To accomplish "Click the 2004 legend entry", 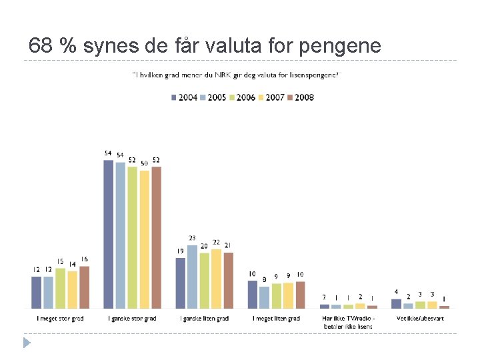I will pos(185,97).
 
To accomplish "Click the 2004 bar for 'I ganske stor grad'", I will pos(109,234).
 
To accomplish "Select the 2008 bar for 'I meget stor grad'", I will pos(84,287).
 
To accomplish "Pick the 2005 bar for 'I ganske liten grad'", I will pos(192,277).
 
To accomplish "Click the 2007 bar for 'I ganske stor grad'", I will pos(145,239).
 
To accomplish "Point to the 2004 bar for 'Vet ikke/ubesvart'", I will pos(396,303).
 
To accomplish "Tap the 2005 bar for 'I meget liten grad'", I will pos(265,297).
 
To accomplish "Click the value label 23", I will pos(192,238).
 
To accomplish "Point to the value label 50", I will pos(144,163).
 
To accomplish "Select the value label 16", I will pos(84,259).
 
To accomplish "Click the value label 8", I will pos(265,279).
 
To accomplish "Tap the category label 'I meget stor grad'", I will pos(60,319).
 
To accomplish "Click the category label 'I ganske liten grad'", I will pos(205,319).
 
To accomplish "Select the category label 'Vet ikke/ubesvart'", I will pos(420,319).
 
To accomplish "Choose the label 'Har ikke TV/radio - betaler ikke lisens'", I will pos(348,322).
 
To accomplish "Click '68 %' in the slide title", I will pos(51,45).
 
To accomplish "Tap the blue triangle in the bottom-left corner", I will pos(27,343).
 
